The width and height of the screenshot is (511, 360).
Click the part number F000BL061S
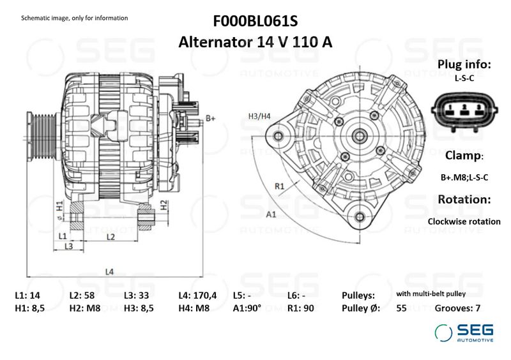click(x=255, y=21)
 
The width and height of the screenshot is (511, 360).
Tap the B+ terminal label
click(x=211, y=118)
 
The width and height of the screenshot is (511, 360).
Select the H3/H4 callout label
click(x=259, y=116)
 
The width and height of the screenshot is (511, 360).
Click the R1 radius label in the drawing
click(x=280, y=186)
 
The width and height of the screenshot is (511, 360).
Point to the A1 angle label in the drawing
click(x=271, y=214)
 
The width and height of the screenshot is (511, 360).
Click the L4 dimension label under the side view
click(x=109, y=271)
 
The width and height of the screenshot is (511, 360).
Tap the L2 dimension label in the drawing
click(x=111, y=237)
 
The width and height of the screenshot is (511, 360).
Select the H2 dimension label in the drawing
click(x=164, y=205)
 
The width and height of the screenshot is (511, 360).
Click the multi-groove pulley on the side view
click(x=42, y=136)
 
